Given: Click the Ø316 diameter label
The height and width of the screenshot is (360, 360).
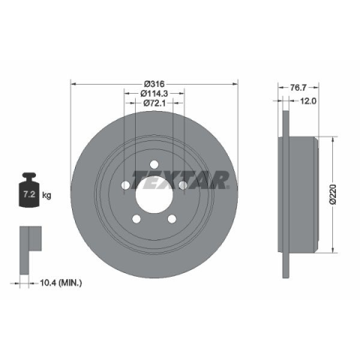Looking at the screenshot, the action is [x=154, y=84].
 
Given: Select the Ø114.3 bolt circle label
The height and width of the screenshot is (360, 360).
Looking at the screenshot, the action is [x=154, y=93].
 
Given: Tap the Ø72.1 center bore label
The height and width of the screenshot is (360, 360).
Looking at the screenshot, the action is [x=154, y=103].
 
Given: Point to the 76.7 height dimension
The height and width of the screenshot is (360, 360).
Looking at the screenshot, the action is [x=298, y=88].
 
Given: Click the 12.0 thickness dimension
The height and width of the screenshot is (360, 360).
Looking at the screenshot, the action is [x=308, y=101].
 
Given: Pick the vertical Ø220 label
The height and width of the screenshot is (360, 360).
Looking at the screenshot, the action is [x=333, y=194].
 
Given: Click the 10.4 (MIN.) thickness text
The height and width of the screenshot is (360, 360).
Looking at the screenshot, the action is [x=61, y=283].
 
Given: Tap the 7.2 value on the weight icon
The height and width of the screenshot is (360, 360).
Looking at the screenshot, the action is [x=29, y=194].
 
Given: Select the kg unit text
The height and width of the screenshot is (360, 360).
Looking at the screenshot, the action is [x=46, y=195].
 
